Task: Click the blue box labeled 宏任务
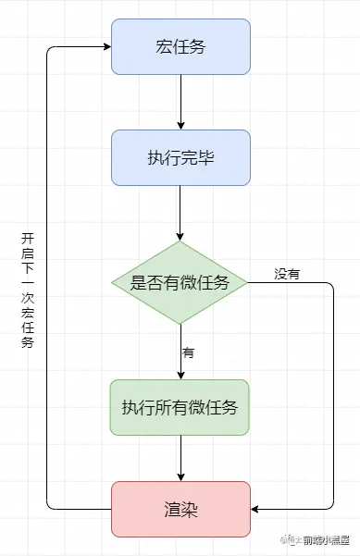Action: pyautogui.click(x=180, y=46)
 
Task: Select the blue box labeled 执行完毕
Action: pyautogui.click(x=180, y=157)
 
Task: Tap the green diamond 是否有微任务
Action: pyautogui.click(x=180, y=283)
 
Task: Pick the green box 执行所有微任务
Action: pyautogui.click(x=180, y=407)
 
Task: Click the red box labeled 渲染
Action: pyautogui.click(x=180, y=508)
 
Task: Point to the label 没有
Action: pyautogui.click(x=287, y=274)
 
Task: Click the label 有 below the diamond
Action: pyautogui.click(x=188, y=352)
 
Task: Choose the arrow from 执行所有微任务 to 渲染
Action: pyautogui.click(x=180, y=458)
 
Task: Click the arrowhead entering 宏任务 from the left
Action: pyautogui.click(x=106, y=46)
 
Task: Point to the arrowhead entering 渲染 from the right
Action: pyautogui.click(x=256, y=508)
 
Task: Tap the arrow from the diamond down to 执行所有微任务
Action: pyautogui.click(x=180, y=352)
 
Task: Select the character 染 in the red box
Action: pyautogui.click(x=190, y=508)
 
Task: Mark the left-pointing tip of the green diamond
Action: pyautogui.click(x=111, y=283)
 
